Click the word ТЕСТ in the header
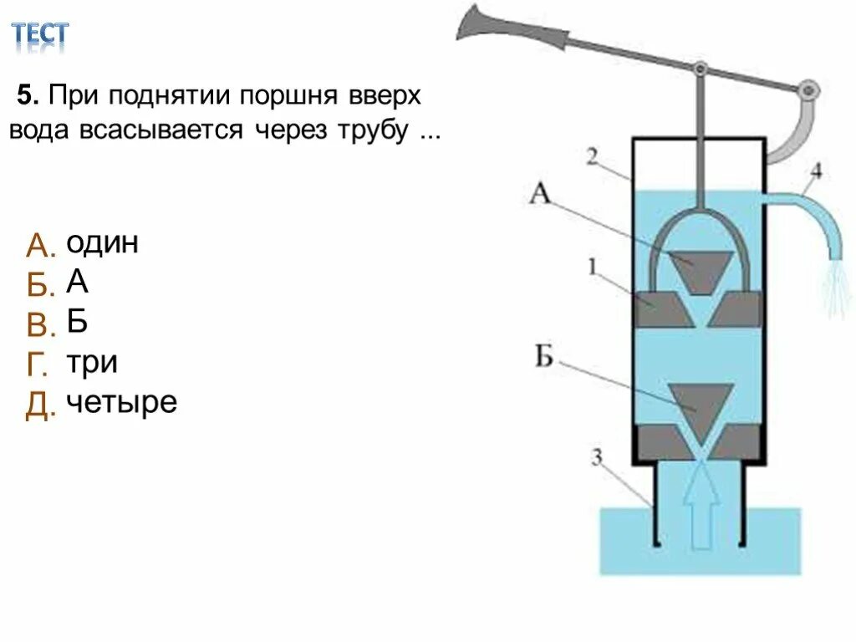39,34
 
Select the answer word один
102,243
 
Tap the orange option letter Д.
40,405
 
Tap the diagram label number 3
597,456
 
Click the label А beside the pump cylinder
541,195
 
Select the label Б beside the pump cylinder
544,359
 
